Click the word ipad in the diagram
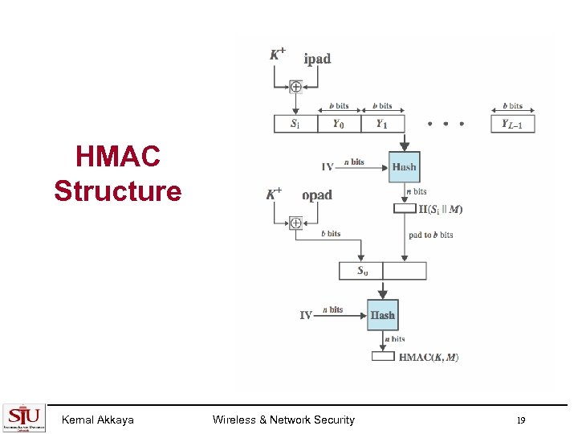(x=317, y=59)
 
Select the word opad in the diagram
(x=317, y=195)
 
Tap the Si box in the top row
(x=295, y=124)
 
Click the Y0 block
(x=340, y=124)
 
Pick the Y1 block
(x=383, y=124)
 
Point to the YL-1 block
(x=512, y=124)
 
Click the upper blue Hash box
(x=404, y=167)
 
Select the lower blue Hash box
(x=382, y=315)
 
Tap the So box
(x=362, y=271)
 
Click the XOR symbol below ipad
(x=295, y=87)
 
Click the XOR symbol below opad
(x=295, y=223)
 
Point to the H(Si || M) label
(x=441, y=210)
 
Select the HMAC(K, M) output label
(x=429, y=357)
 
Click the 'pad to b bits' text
(x=430, y=235)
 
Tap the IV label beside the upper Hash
(x=328, y=167)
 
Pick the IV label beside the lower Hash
(x=306, y=315)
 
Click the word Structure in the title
(x=118, y=191)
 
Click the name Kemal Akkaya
(x=97, y=420)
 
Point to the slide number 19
(x=521, y=420)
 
